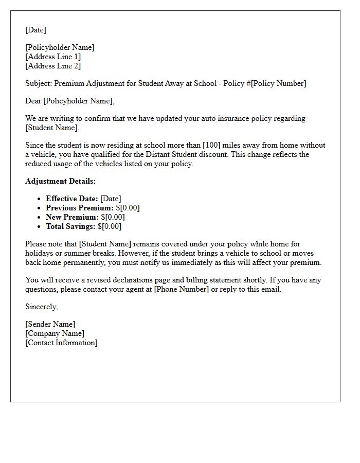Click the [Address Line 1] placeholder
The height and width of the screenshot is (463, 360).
point(53,57)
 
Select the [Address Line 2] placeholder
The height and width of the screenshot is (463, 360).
point(53,66)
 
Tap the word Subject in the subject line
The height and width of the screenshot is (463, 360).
point(38,83)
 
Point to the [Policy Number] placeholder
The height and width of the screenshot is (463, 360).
point(278,83)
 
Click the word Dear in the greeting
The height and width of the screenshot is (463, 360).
point(33,101)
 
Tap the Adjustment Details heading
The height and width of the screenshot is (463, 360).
point(60,181)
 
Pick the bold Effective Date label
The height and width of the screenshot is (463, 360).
point(72,199)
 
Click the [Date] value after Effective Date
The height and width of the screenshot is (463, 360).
point(111,199)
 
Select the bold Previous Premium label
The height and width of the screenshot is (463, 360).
point(79,208)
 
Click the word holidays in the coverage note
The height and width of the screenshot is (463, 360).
point(39,253)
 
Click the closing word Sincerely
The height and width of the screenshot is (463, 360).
point(42,307)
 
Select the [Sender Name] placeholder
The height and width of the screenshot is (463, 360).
point(50,324)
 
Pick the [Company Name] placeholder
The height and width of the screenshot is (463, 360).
point(55,333)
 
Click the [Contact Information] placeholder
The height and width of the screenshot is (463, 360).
point(61,343)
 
